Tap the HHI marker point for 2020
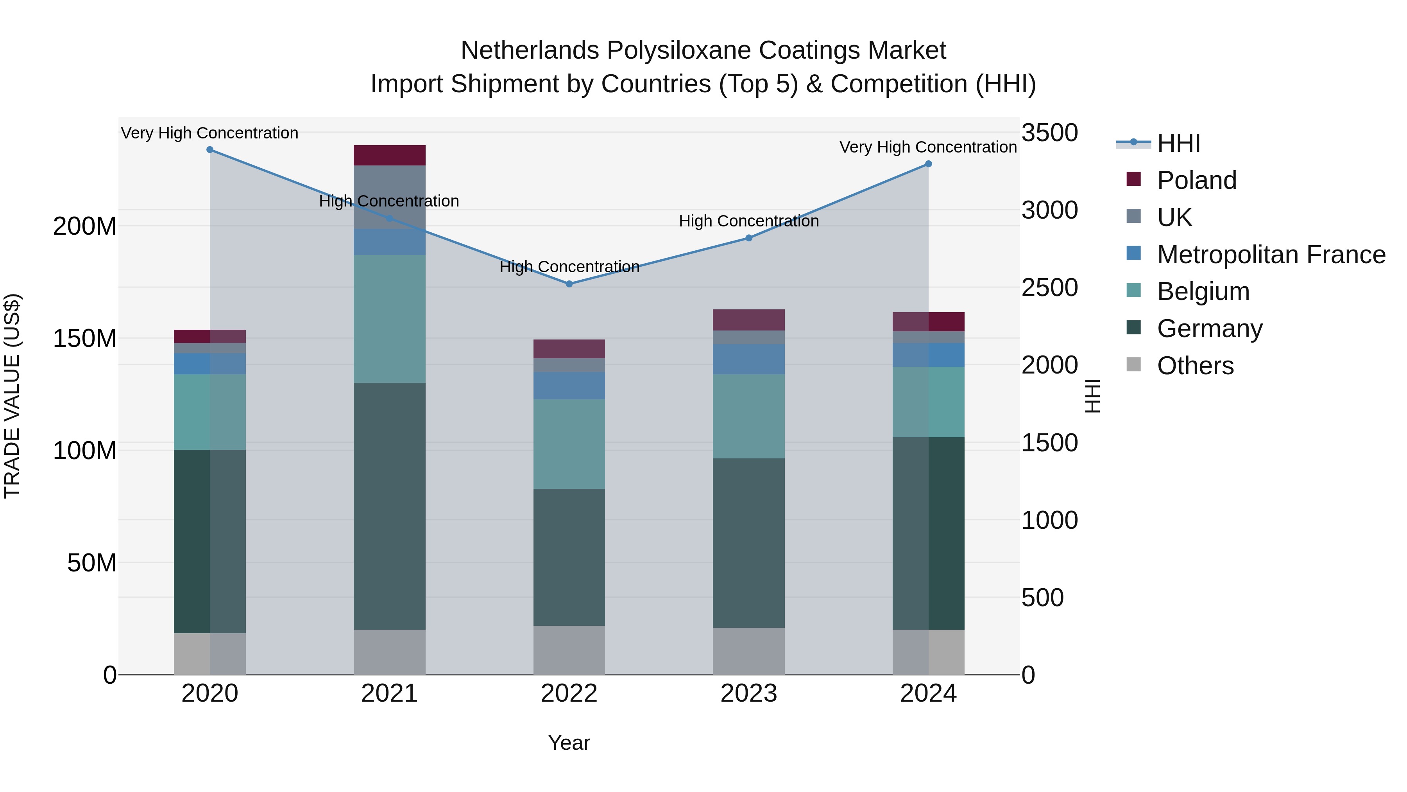210,150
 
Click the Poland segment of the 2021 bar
389,155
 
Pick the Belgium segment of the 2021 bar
389,319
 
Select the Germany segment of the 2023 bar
748,543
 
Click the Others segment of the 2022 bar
569,650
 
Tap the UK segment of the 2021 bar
389,197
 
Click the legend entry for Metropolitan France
1271,255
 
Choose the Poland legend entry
1196,180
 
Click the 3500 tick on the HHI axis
1049,133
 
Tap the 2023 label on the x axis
748,693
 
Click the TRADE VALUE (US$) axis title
12,396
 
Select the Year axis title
569,743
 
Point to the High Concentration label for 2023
748,221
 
